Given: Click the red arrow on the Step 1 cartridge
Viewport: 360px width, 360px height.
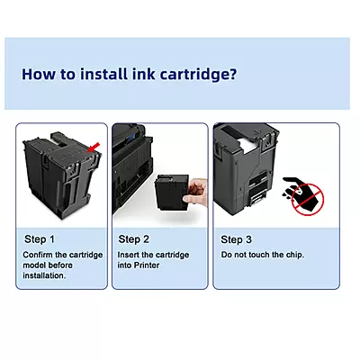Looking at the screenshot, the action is tap(94, 147).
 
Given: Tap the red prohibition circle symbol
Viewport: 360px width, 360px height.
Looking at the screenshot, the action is tap(308, 200).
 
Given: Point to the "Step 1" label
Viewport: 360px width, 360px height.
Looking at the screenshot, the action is tap(40, 239).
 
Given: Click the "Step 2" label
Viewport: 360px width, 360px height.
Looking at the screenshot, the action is tap(133, 239).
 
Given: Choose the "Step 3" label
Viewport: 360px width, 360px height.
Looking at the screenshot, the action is tap(236, 239).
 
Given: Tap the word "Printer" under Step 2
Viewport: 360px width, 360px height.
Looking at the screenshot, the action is tap(147, 265).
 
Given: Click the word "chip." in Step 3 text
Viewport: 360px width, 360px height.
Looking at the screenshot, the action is tap(295, 255).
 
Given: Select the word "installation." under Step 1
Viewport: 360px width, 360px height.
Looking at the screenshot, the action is tap(44, 275).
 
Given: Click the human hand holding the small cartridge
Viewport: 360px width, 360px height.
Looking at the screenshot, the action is tap(194, 193).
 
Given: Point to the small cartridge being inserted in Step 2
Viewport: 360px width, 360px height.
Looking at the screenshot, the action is tap(171, 193).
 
